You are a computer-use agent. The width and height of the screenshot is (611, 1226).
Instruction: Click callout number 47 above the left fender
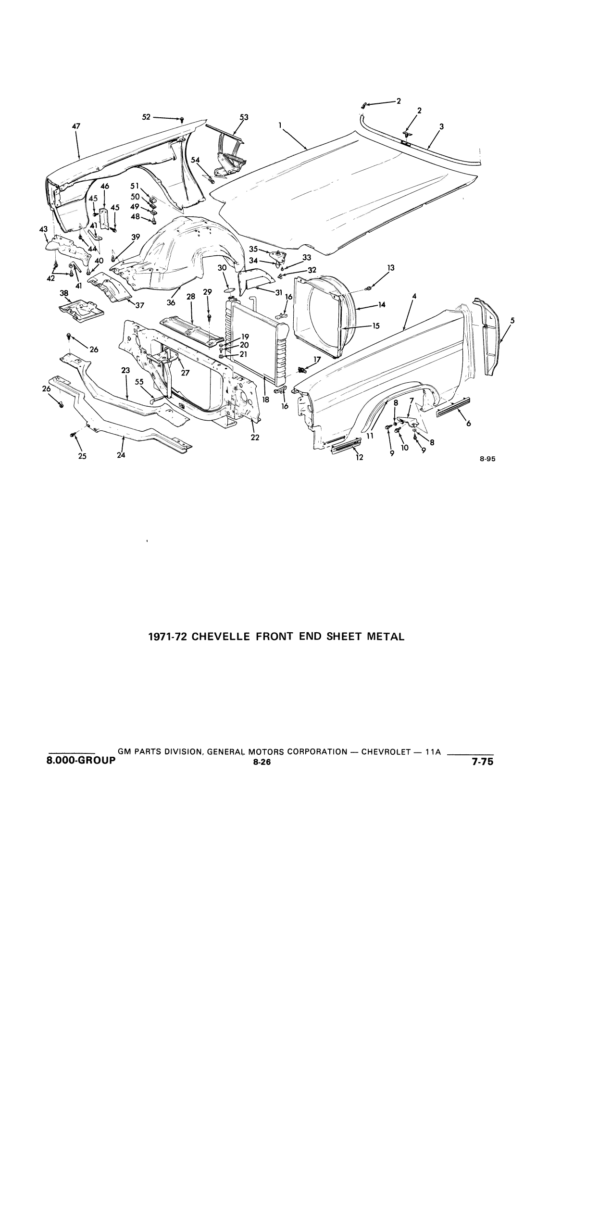click(x=76, y=126)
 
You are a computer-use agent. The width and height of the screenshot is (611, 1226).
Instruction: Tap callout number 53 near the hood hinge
click(x=244, y=117)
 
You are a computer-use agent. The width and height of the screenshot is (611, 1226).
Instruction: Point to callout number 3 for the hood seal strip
click(x=441, y=126)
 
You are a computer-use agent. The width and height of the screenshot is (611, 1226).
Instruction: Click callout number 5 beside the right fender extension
click(x=512, y=320)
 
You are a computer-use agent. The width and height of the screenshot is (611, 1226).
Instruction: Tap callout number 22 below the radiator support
click(x=255, y=437)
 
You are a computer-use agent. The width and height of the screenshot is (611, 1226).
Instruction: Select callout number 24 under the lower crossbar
click(x=121, y=455)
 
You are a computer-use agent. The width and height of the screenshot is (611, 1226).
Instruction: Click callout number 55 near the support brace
click(x=139, y=382)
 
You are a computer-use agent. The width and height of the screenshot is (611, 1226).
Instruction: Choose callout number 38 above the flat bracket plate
click(x=64, y=293)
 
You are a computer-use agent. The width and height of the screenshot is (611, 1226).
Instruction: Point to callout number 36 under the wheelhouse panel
click(x=171, y=302)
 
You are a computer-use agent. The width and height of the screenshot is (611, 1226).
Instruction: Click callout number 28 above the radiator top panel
click(x=191, y=297)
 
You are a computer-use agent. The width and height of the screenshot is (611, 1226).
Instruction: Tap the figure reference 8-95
click(x=487, y=459)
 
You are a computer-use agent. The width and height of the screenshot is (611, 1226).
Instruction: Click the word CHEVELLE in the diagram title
click(x=219, y=637)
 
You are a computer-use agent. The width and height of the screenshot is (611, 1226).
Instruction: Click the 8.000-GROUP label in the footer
click(x=82, y=760)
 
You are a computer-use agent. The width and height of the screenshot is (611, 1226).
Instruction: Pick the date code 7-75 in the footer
click(x=483, y=761)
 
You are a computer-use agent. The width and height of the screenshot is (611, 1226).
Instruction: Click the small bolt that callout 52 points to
click(x=182, y=119)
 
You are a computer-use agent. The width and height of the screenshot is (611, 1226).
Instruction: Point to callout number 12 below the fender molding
click(x=359, y=457)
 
